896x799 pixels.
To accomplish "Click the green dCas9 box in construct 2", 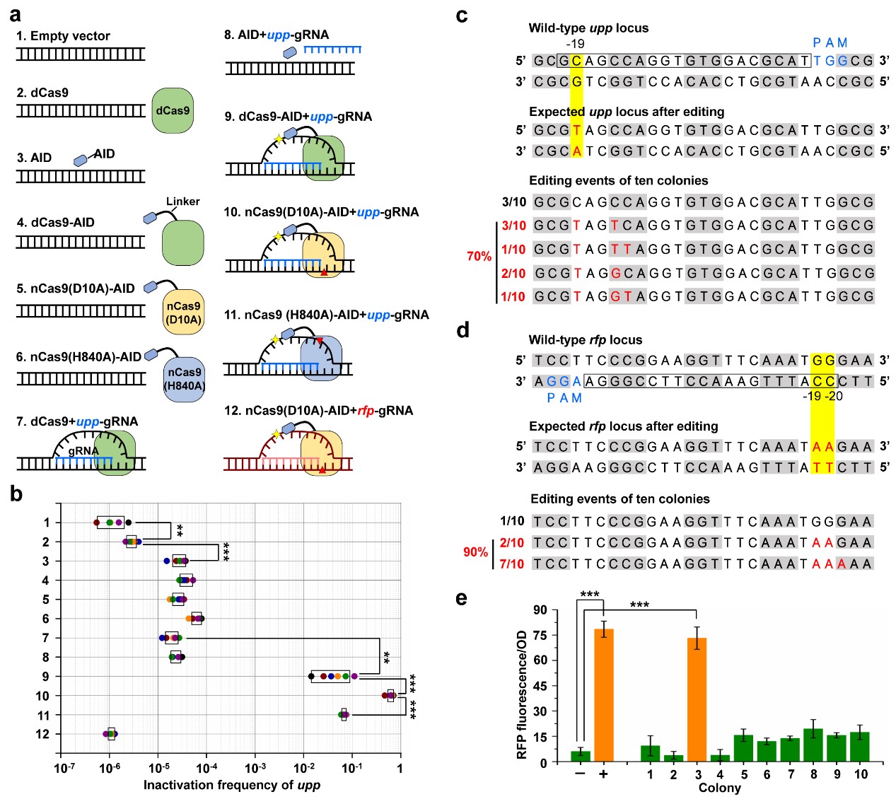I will click(x=173, y=110).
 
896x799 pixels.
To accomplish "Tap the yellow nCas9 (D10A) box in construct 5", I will click(x=183, y=313).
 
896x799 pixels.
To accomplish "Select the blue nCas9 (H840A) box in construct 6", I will click(x=184, y=378).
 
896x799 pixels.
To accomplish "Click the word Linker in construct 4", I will click(x=182, y=202).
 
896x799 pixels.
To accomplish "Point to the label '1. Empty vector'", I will click(x=63, y=35).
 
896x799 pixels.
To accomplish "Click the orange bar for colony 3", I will click(x=697, y=699).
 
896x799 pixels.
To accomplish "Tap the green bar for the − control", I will click(x=580, y=756).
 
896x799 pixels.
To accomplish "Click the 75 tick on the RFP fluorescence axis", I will click(x=540, y=635).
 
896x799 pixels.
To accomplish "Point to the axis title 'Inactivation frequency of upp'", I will click(x=231, y=785).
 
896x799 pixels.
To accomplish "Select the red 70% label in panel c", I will click(x=479, y=256).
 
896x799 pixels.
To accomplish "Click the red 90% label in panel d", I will click(x=475, y=552).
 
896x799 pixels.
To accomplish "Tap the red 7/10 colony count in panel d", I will click(x=511, y=564).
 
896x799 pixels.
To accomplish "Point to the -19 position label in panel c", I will click(x=575, y=44).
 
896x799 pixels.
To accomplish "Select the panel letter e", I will click(x=462, y=598).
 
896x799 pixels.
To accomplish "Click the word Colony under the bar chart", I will click(x=719, y=788).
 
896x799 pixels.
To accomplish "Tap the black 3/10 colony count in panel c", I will click(x=514, y=202).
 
